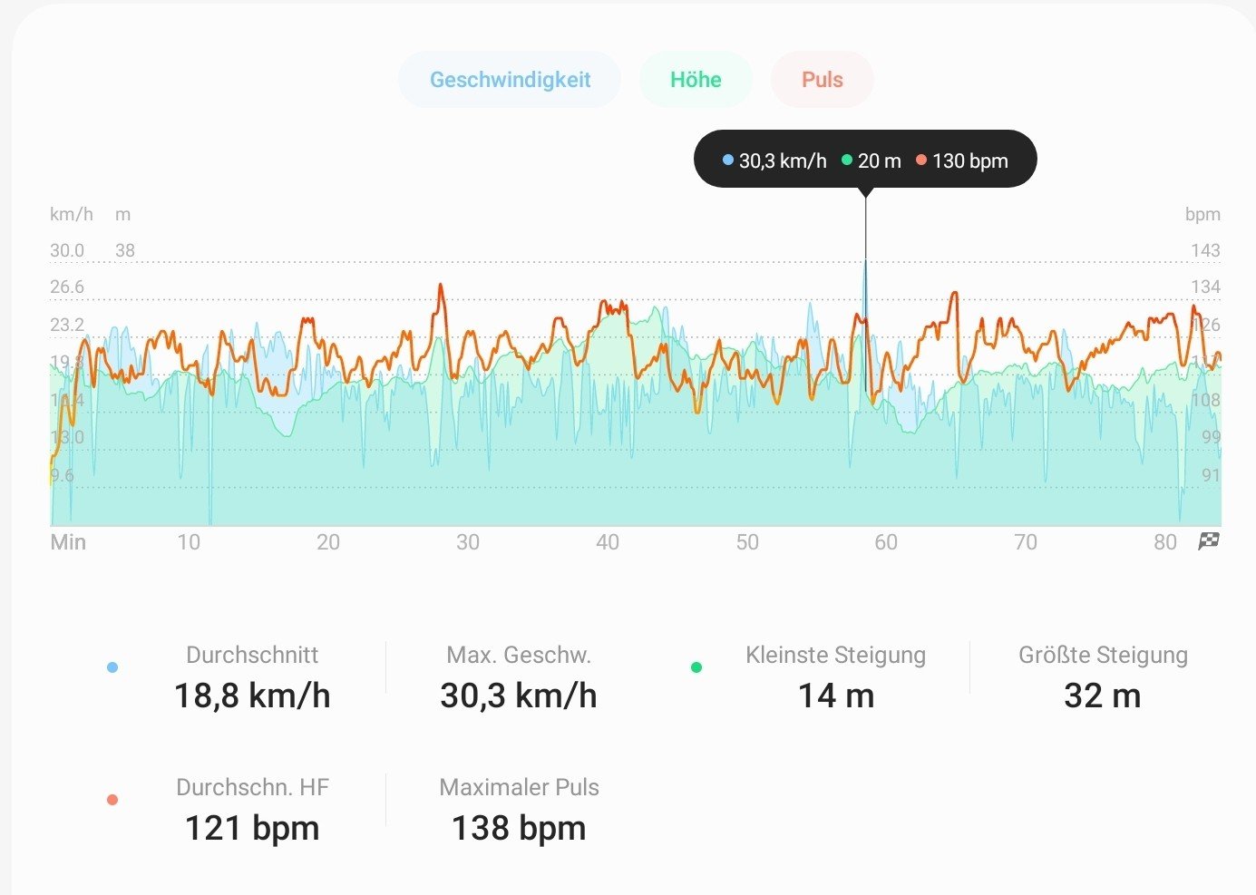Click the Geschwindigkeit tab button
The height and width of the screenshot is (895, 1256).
pos(510,80)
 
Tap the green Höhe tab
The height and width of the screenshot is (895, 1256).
pos(696,80)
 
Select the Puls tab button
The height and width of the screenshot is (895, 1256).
pos(822,80)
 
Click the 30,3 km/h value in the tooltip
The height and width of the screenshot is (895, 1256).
pos(782,161)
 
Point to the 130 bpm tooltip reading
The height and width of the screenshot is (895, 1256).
pos(969,161)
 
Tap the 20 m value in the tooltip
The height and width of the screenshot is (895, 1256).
pos(879,161)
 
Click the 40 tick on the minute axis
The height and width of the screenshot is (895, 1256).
pos(608,542)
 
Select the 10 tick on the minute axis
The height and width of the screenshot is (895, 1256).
pos(189,542)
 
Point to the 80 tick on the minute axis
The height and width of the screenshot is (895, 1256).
pos(1165,542)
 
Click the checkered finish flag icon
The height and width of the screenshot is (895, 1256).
pos(1209,541)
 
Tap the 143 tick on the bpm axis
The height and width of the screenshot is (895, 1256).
pos(1205,250)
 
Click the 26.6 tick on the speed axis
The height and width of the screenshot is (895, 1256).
pos(67,287)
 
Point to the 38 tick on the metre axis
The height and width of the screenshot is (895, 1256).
pos(125,250)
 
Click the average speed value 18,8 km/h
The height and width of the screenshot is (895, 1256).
pos(252,696)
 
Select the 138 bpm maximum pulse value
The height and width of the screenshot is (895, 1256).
pos(519,828)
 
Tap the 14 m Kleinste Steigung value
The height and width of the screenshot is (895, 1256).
pos(836,696)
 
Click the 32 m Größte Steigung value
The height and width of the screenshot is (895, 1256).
pos(1102,696)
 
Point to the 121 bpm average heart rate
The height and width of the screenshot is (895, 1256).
pos(252,828)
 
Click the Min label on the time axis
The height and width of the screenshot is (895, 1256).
pos(68,542)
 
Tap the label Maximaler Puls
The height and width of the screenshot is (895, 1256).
pos(519,787)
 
